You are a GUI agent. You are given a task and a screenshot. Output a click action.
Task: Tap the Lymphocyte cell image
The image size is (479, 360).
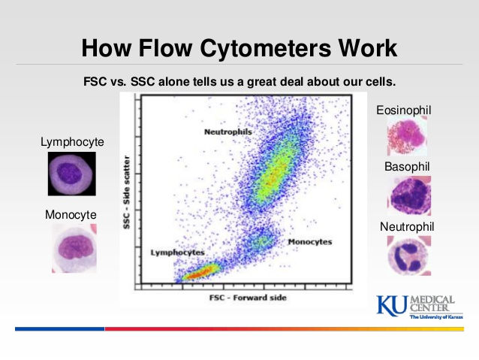tap(72, 174)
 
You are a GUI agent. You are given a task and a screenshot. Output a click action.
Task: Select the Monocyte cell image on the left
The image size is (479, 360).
tap(74, 248)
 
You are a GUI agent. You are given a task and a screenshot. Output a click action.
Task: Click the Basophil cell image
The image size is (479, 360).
tap(409, 195)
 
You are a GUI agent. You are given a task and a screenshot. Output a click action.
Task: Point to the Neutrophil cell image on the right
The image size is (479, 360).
tap(409, 256)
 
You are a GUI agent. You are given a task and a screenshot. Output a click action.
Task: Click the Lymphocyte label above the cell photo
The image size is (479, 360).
tap(73, 141)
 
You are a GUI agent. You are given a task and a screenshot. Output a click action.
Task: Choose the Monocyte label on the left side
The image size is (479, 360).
tap(71, 214)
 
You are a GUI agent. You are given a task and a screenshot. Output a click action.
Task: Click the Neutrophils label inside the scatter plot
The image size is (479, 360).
tap(227, 132)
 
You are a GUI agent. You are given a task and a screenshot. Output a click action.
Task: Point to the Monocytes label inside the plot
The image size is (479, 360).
tap(310, 242)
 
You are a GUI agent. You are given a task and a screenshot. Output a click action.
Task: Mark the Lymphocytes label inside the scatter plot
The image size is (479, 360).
tap(177, 253)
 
